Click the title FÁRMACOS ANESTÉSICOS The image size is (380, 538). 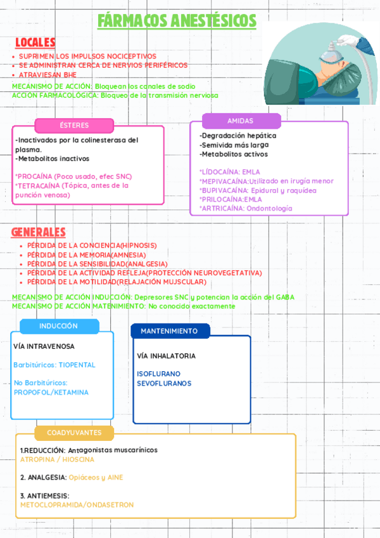[x=177, y=21]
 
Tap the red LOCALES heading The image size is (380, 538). [x=35, y=43]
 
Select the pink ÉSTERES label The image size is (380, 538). [x=74, y=125]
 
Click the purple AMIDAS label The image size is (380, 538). [x=241, y=121]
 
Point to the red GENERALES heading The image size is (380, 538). [x=38, y=232]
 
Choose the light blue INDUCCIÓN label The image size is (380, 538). [x=58, y=326]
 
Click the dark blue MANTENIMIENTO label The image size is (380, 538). [x=169, y=331]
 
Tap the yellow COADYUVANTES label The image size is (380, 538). [x=74, y=433]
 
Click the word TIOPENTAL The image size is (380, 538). [x=77, y=365]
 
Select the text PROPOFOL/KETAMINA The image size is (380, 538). [x=51, y=392]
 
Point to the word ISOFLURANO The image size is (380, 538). [x=158, y=374]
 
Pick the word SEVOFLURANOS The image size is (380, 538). [x=164, y=383]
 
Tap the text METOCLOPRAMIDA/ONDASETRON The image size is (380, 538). [x=77, y=505]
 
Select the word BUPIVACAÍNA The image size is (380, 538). [x=222, y=190]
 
